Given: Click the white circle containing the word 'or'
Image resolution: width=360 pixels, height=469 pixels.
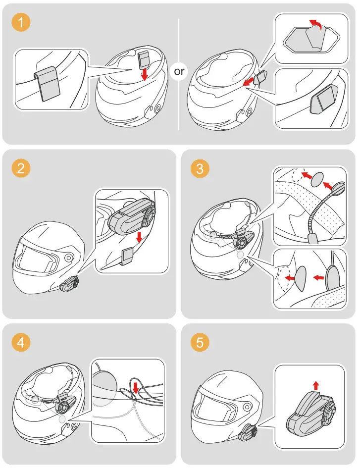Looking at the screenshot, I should point(179,71).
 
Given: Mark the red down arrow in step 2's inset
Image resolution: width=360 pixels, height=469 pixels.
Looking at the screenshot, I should point(140,237).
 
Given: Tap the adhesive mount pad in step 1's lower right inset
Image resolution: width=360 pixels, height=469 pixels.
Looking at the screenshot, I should point(322,101).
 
